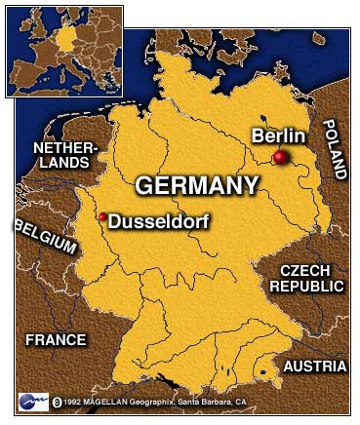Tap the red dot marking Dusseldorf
102,216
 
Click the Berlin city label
279,136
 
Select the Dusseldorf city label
159,221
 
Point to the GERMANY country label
197,185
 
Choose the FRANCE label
56,340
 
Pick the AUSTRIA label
314,367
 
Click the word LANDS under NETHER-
65,165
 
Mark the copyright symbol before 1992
58,400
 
